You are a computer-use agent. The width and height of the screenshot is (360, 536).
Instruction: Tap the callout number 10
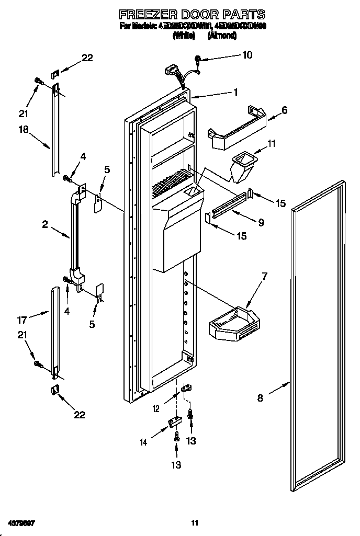[x=247, y=54]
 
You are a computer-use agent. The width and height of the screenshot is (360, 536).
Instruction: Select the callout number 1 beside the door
[x=236, y=92]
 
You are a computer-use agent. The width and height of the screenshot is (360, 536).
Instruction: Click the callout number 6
[x=284, y=110]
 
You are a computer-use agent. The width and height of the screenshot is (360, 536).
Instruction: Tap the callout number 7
[x=264, y=276]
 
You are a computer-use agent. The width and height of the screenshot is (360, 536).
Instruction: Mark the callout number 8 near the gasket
[x=260, y=397]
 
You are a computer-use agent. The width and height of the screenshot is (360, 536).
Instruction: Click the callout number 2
[x=45, y=224]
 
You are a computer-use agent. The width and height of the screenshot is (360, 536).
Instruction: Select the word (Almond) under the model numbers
[x=222, y=36]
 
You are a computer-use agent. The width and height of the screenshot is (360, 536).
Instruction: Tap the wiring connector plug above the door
[x=171, y=71]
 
